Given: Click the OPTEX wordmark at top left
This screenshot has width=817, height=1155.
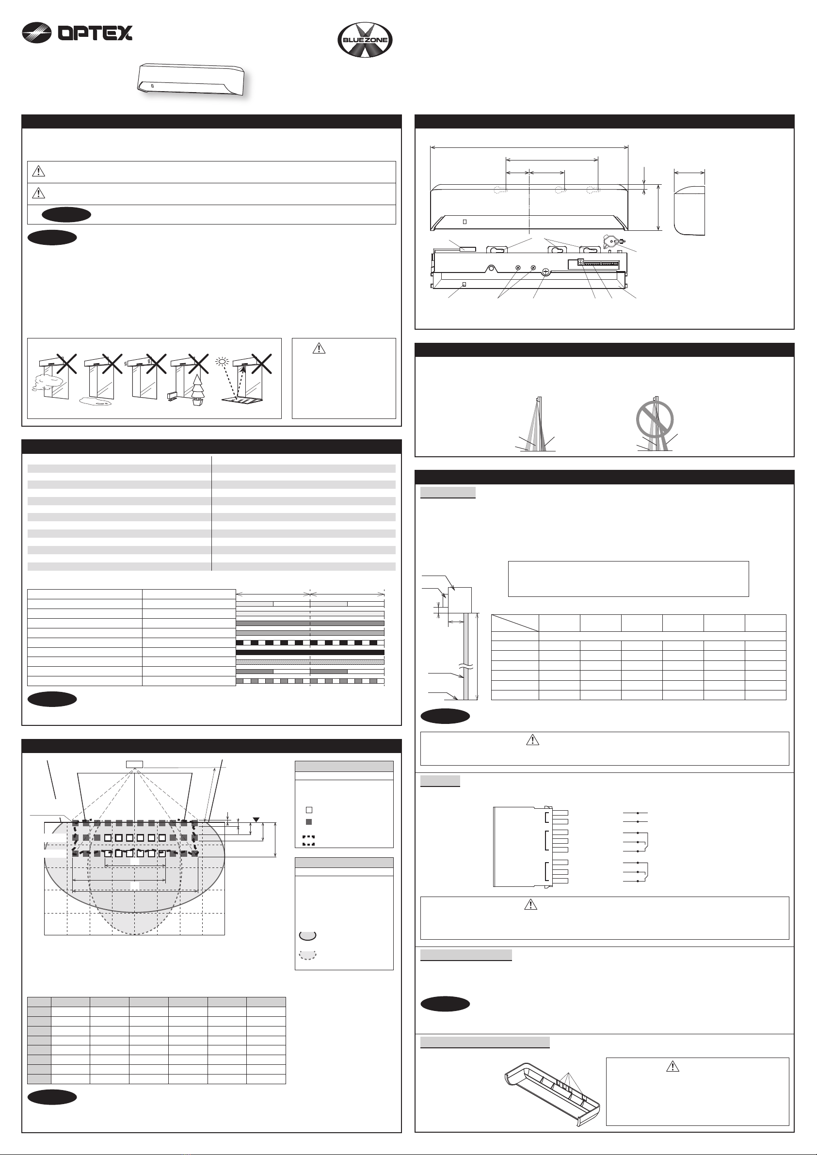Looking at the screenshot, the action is tap(95, 33).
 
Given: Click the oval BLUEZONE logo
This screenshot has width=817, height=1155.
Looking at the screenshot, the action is tap(365, 40).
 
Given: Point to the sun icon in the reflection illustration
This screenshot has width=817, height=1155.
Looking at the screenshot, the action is tap(222, 361).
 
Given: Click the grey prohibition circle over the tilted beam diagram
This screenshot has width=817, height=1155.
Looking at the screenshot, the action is tap(655, 418).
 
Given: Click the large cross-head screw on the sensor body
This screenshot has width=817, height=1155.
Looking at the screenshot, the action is tap(546, 272).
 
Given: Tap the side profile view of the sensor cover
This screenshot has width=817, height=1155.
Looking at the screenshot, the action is tap(689, 209).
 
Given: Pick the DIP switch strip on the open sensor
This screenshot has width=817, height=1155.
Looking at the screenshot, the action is tap(599, 263).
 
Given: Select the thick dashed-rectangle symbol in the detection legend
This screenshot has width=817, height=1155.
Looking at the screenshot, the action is tap(309, 840).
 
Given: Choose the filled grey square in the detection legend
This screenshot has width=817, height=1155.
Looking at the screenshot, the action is tap(309, 821).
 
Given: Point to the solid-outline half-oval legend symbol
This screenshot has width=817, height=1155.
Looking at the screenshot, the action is tap(308, 936).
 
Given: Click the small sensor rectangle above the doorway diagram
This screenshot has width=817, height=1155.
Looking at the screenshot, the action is tap(134, 764).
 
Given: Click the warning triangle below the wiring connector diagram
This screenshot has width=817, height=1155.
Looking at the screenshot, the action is tap(530, 904).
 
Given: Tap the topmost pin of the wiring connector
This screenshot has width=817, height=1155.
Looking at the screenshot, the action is tap(560, 812).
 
